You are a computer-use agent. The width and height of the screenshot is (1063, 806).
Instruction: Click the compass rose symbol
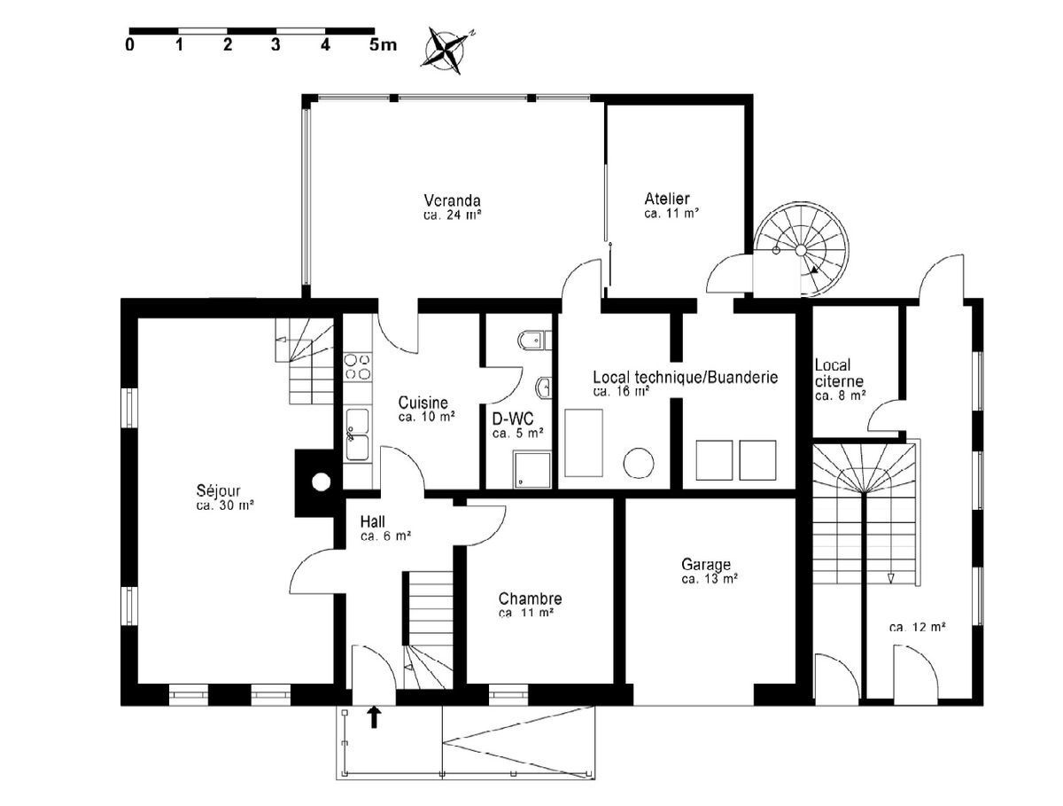[448, 48]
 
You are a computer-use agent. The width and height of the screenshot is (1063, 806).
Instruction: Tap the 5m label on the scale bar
[383, 45]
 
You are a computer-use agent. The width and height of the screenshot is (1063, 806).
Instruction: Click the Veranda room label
[452, 200]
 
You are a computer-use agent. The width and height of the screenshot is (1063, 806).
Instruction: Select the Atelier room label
[667, 200]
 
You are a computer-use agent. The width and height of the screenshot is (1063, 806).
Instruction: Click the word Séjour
[219, 490]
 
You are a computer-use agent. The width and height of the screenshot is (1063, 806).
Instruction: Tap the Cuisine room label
[423, 402]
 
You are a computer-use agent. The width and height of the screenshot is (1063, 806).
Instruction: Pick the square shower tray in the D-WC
[531, 469]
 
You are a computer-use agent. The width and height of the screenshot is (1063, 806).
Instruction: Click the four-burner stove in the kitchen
[357, 366]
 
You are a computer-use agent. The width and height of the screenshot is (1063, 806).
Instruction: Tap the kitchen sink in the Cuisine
[358, 434]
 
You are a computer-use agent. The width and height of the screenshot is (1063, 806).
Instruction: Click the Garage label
[706, 564]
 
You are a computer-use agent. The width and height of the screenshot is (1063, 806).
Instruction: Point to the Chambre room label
[530, 599]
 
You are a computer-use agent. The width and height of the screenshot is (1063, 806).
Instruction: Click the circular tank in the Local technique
[638, 464]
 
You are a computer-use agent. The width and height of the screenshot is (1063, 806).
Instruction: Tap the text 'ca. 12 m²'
[917, 627]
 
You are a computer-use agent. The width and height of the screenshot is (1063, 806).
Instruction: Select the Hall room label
[373, 521]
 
